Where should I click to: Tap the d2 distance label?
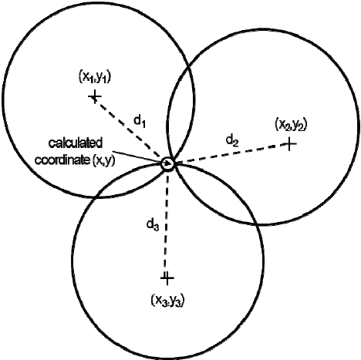pyautogui.click(x=232, y=141)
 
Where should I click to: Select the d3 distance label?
pyautogui.click(x=153, y=224)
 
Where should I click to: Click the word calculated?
pyautogui.click(x=76, y=143)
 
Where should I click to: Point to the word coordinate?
pyautogui.click(x=62, y=160)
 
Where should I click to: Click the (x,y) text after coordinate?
pyautogui.click(x=103, y=160)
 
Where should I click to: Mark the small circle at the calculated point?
pyautogui.click(x=167, y=163)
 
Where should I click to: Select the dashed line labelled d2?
pyautogui.click(x=231, y=153)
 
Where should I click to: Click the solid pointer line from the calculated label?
pyautogui.click(x=141, y=157)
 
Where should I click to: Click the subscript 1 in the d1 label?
pyautogui.click(x=143, y=123)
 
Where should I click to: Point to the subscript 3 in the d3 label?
pyautogui.click(x=157, y=227)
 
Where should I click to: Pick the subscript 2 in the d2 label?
pyautogui.click(x=236, y=143)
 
